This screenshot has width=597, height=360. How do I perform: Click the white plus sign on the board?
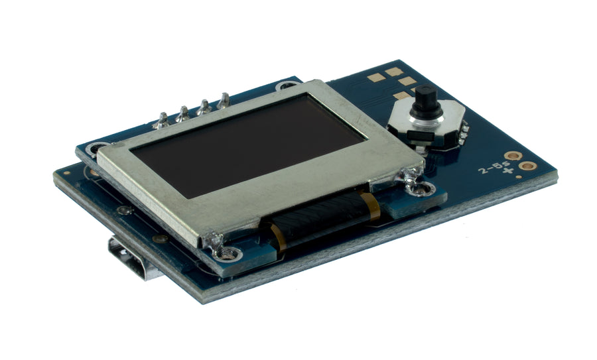[x=507, y=170]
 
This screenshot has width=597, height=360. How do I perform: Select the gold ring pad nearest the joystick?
[x=513, y=156]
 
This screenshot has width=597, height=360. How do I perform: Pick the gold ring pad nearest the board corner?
[x=528, y=166]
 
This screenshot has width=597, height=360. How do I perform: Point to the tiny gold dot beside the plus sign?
[x=519, y=177]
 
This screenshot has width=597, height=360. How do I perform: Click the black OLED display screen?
[x=247, y=145]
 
